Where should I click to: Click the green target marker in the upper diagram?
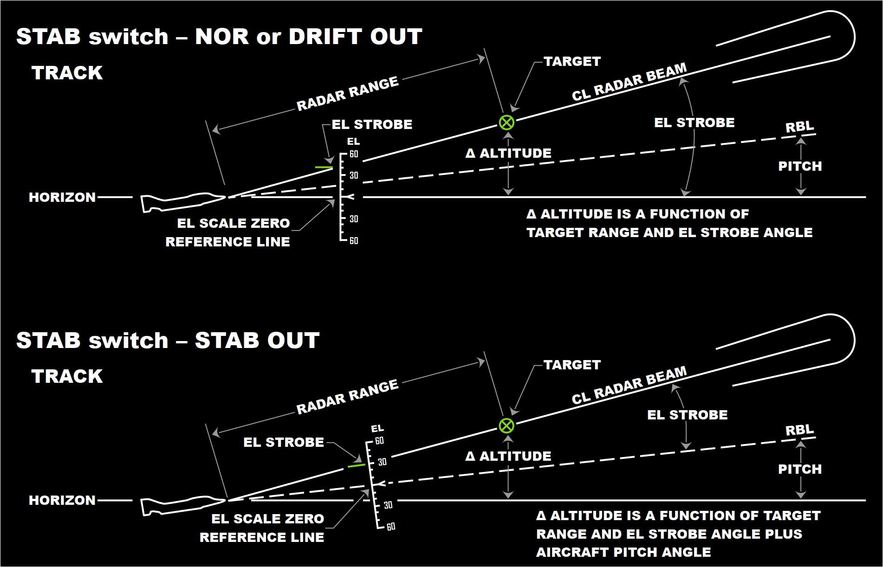click(x=506, y=122)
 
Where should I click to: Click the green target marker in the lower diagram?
click(x=506, y=425)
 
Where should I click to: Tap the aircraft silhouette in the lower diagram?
click(x=181, y=505)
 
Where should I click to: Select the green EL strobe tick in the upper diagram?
click(x=324, y=167)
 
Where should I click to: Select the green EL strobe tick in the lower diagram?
click(x=356, y=465)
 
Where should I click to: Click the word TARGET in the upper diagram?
click(x=572, y=61)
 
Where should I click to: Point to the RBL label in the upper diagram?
click(x=799, y=127)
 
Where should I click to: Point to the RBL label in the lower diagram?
click(x=799, y=430)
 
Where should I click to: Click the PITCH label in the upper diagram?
click(x=800, y=166)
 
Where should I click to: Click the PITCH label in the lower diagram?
click(x=800, y=469)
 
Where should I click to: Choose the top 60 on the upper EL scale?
click(x=354, y=154)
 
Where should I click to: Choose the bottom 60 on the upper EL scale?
click(x=354, y=240)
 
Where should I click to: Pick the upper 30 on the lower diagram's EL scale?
click(x=382, y=462)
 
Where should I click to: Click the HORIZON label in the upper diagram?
click(x=62, y=197)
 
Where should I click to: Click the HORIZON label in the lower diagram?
click(x=62, y=500)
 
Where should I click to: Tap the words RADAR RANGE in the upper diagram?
click(x=347, y=94)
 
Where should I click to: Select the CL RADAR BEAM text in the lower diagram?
click(x=629, y=385)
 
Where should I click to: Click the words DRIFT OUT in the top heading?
click(x=355, y=37)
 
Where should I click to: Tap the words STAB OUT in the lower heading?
click(x=257, y=340)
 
